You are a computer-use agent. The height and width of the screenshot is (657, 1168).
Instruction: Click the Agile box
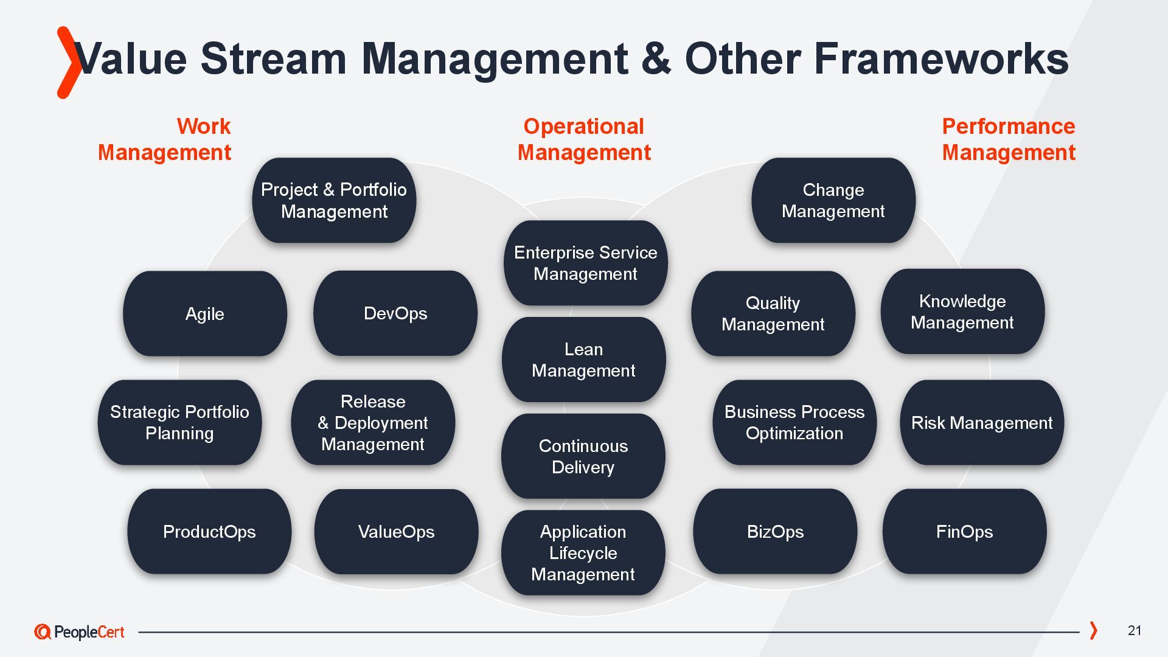(205, 314)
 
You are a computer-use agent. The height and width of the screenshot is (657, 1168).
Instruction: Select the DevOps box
(395, 314)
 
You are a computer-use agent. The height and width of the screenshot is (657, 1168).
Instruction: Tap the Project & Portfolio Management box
(334, 201)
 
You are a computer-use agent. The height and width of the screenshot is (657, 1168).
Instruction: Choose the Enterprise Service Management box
(585, 263)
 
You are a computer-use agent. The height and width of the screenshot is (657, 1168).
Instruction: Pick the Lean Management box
(583, 360)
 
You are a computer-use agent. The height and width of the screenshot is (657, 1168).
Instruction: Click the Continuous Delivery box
(583, 456)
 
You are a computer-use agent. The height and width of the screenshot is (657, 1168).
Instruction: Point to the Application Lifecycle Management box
(583, 552)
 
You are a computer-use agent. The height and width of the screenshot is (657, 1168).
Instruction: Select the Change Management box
(833, 201)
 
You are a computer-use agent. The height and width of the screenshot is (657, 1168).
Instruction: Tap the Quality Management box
(773, 314)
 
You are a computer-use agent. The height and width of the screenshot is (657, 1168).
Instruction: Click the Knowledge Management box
(962, 311)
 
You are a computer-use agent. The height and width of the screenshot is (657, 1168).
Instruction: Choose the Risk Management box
(982, 423)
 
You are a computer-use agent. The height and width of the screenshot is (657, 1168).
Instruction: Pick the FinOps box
(964, 532)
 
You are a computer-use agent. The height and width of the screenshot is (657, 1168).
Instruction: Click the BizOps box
(775, 532)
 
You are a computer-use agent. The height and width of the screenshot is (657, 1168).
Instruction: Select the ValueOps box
(396, 532)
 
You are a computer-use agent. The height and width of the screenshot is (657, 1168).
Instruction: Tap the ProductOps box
(209, 532)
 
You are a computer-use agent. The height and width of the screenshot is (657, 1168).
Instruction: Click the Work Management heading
(165, 139)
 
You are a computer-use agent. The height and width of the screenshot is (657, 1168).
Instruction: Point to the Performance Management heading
(1009, 139)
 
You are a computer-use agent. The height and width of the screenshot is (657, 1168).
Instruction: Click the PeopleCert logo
(79, 632)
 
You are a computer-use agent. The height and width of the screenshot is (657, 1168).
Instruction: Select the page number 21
(1135, 631)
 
